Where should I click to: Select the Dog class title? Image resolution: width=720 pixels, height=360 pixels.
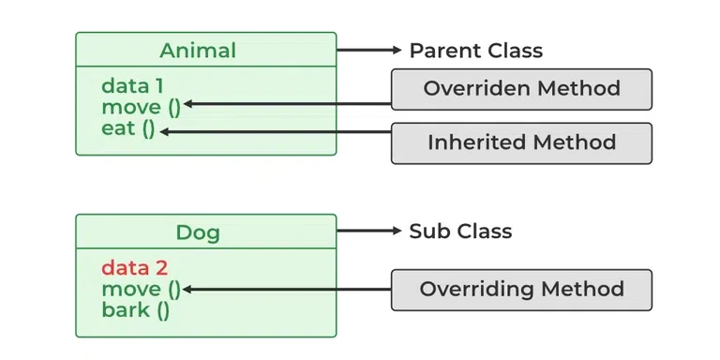[x=204, y=231]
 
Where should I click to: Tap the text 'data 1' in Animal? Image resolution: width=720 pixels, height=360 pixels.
[x=132, y=86]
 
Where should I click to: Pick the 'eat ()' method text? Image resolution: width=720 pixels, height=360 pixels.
[x=128, y=127]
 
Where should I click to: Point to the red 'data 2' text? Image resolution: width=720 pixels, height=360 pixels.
[x=134, y=268]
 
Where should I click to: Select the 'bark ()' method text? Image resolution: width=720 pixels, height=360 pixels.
[x=136, y=309]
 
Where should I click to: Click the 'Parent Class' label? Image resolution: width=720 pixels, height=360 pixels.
[x=475, y=50]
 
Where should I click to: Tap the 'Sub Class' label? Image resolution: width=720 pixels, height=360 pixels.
[x=460, y=231]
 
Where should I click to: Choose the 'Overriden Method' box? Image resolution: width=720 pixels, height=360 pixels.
[x=521, y=89]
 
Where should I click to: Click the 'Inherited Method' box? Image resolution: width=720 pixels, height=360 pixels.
[x=521, y=142]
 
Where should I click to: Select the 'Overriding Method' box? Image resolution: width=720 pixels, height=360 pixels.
[x=521, y=289]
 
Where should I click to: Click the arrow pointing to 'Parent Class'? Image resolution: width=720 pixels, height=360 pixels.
[x=370, y=50]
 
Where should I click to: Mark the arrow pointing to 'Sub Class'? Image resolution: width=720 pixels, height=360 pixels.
[x=370, y=231]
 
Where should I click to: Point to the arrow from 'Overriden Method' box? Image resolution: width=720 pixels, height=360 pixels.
[x=286, y=104]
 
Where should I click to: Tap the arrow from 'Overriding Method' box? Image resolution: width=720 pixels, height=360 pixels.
[x=286, y=290]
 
